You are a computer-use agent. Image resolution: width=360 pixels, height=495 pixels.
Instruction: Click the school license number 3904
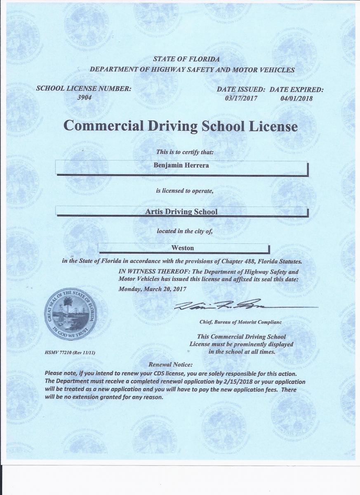pyautogui.click(x=84, y=98)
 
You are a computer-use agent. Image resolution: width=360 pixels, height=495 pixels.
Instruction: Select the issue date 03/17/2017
pyautogui.click(x=241, y=98)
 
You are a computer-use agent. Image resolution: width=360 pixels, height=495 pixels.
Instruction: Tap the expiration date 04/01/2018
pyautogui.click(x=296, y=98)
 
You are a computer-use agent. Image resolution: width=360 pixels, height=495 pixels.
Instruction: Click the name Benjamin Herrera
pyautogui.click(x=181, y=165)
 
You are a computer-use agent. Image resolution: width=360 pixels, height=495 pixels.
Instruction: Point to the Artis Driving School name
pyautogui.click(x=181, y=212)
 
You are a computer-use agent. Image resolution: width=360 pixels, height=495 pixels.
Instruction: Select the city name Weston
pyautogui.click(x=182, y=248)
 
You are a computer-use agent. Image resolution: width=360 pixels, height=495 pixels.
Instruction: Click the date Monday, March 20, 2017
pyautogui.click(x=153, y=289)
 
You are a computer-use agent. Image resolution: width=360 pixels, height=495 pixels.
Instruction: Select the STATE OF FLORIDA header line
pyautogui.click(x=186, y=59)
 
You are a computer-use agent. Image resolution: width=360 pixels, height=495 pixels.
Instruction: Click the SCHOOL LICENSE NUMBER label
pyautogui.click(x=84, y=89)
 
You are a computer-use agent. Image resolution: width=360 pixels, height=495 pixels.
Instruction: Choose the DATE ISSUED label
pyautogui.click(x=241, y=89)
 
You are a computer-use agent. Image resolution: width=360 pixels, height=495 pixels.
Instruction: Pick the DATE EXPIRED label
pyautogui.click(x=296, y=89)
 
